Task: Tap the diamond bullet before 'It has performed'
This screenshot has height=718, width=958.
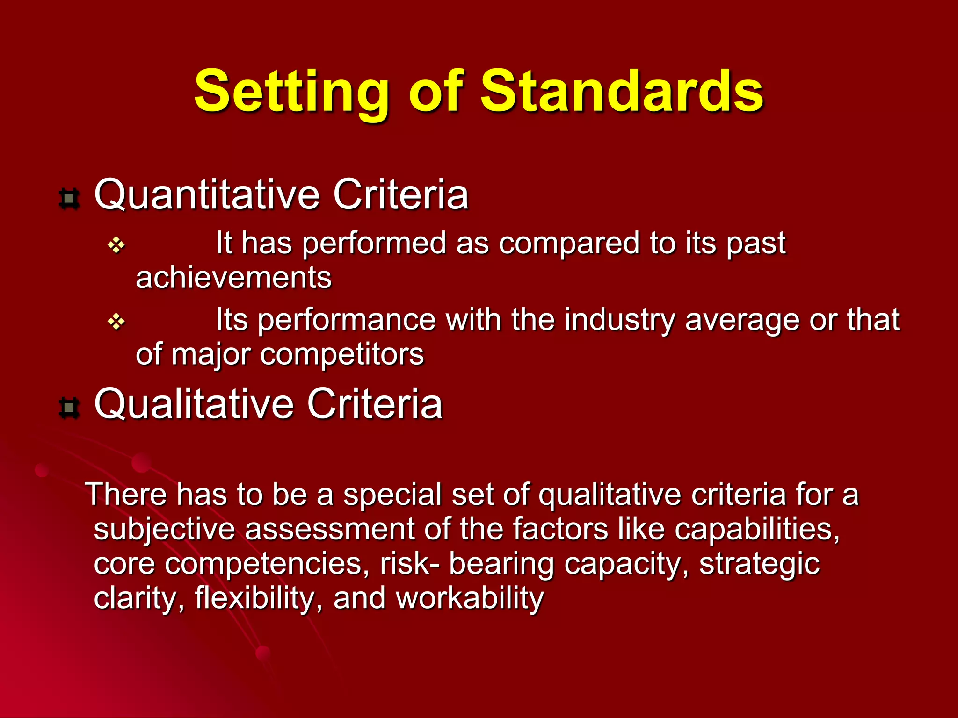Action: click(x=116, y=245)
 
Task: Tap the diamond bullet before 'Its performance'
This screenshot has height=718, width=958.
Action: click(x=116, y=322)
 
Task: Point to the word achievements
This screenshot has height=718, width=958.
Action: click(x=233, y=278)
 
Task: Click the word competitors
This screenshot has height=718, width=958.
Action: click(x=341, y=355)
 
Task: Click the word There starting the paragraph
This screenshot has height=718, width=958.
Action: click(x=126, y=495)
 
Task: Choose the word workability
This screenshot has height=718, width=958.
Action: click(x=470, y=599)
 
